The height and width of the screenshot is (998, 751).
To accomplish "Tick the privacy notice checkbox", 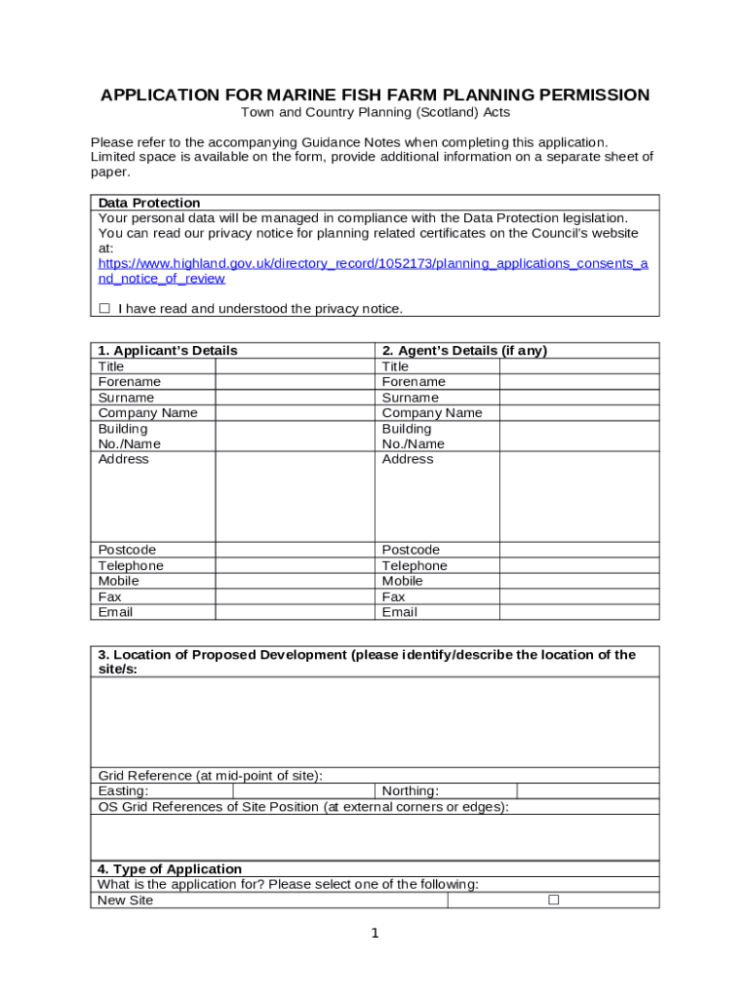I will [104, 309].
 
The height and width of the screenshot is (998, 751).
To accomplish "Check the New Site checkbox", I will [553, 900].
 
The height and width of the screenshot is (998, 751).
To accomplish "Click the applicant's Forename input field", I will [295, 382].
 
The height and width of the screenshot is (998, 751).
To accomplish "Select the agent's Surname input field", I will [579, 398].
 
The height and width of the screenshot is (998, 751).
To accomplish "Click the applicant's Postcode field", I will [295, 551].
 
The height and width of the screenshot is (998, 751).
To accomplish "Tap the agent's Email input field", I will [579, 612].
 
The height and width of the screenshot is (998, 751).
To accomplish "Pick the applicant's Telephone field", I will [295, 566].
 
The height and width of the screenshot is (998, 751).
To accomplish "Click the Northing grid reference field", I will [587, 791].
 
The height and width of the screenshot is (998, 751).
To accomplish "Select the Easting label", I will [124, 791].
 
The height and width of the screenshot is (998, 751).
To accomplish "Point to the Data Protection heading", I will [149, 203].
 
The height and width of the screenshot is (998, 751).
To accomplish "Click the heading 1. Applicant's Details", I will [168, 351].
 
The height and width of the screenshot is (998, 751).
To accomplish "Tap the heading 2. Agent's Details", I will [464, 351].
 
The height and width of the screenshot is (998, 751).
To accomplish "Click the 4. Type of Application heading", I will [170, 869].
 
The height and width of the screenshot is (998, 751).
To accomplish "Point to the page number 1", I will [375, 934].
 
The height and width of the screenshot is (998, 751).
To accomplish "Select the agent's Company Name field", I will [579, 413].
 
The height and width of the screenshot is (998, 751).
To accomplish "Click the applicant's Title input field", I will [295, 366].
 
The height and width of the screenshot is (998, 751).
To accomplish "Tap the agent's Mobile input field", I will [579, 581].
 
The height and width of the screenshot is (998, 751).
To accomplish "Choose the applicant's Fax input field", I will [295, 596].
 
